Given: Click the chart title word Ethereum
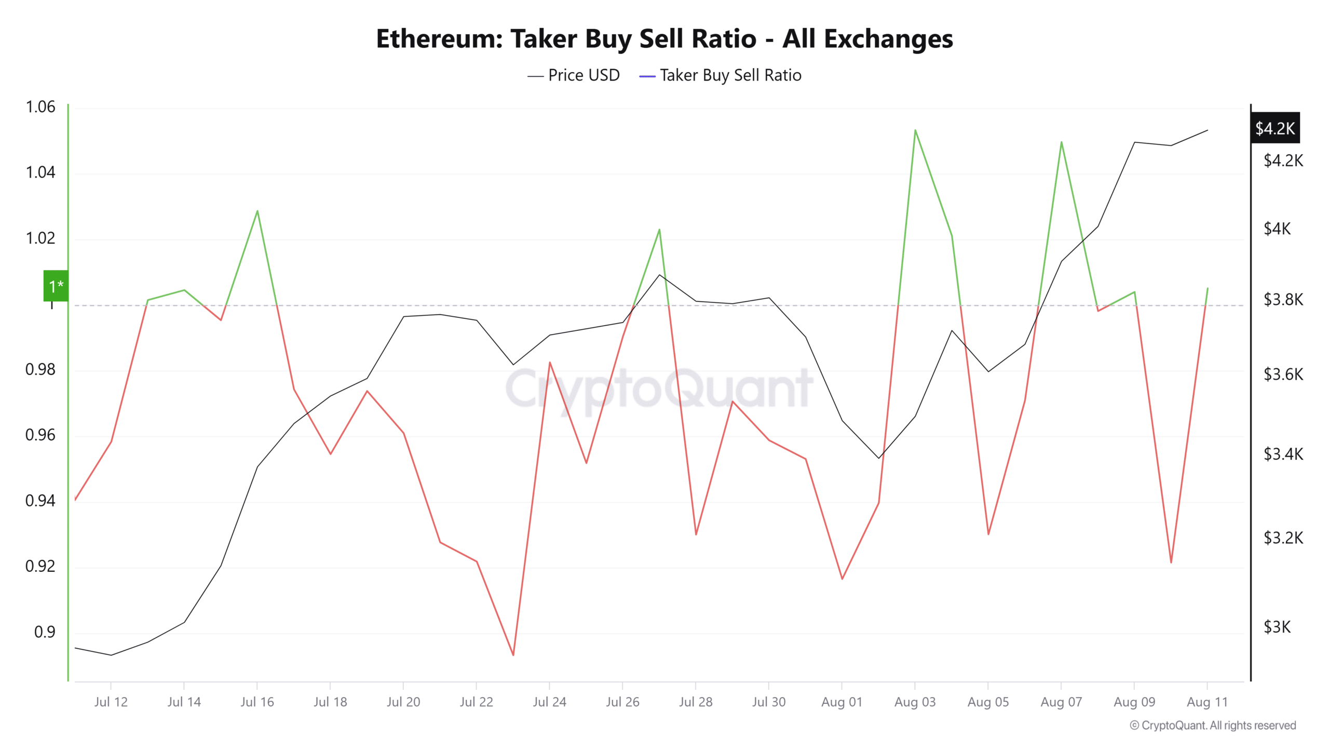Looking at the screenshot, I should [439, 39].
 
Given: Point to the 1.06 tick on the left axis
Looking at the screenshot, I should [40, 107].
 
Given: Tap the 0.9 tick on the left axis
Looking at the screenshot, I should [45, 632].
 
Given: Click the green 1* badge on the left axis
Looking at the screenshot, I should [56, 286].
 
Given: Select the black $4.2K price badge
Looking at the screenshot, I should [1274, 128].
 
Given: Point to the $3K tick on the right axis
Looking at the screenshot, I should [1277, 627].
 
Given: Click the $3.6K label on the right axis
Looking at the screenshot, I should [1283, 374].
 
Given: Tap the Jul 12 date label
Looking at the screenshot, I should [111, 702].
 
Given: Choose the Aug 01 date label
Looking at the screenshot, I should [842, 702].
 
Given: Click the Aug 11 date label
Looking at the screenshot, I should [1207, 702].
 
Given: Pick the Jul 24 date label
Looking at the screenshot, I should [549, 702].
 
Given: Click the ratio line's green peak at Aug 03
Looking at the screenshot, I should [915, 130].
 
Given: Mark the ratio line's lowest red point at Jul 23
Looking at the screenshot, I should [513, 655].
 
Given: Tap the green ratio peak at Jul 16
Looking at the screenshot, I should [257, 211].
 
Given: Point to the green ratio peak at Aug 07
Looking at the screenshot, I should [1061, 142].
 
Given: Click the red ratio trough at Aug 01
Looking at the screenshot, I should [842, 579].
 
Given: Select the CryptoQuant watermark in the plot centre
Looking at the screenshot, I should [659, 389].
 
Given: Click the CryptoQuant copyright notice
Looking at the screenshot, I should [1213, 725].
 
